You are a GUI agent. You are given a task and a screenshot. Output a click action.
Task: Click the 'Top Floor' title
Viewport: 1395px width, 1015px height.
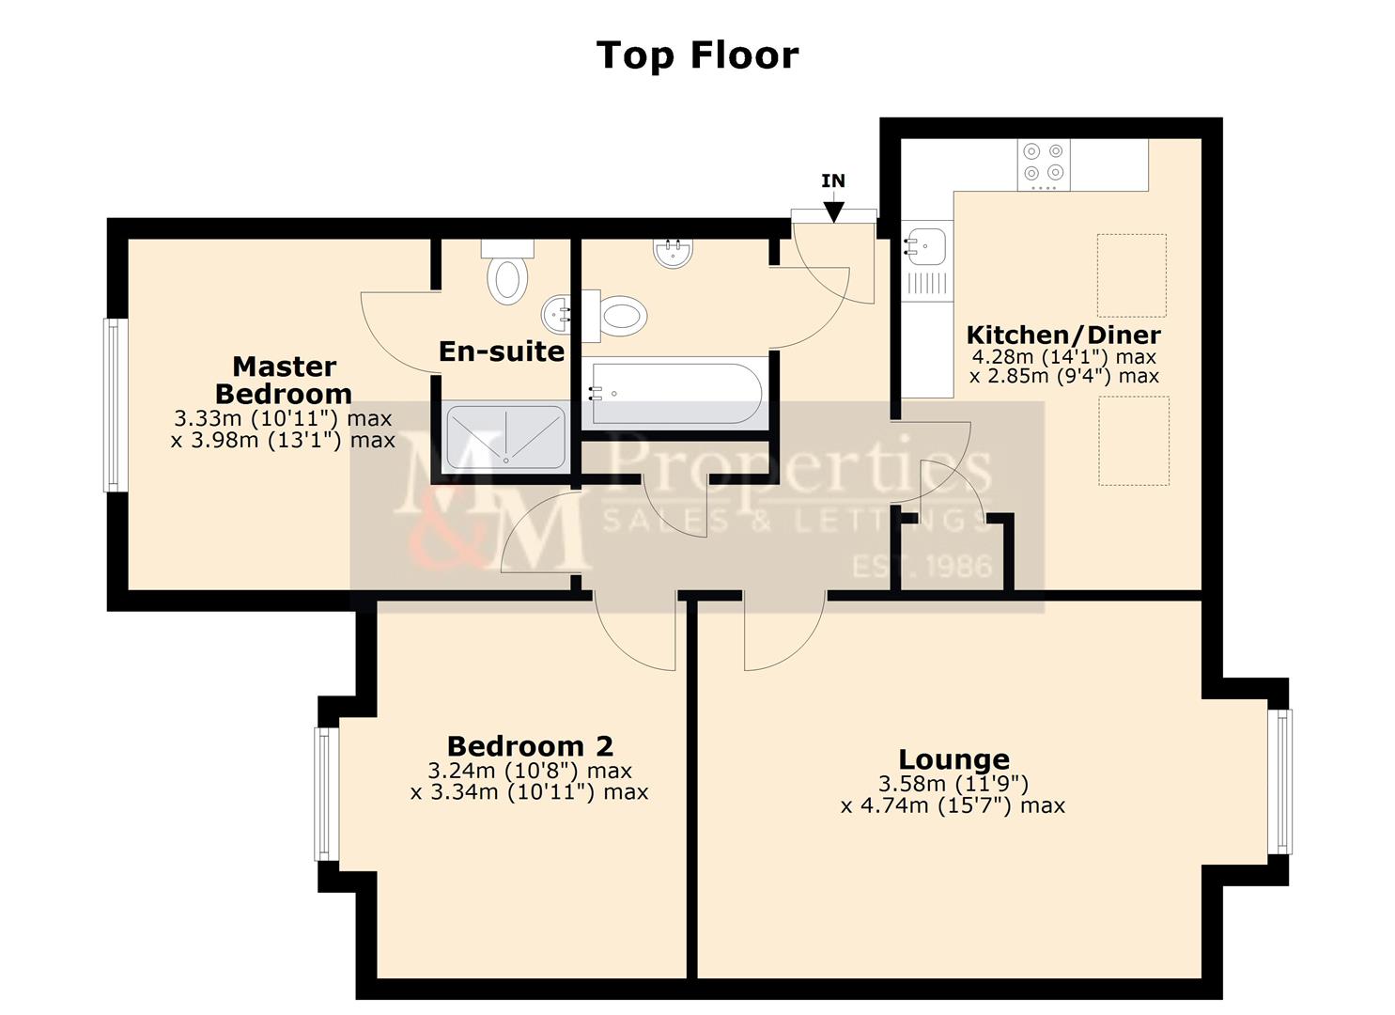tap(697, 55)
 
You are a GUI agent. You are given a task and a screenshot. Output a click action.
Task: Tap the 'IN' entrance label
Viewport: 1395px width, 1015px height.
tap(832, 180)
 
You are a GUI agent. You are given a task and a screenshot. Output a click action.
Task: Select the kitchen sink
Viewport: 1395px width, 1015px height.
tap(925, 247)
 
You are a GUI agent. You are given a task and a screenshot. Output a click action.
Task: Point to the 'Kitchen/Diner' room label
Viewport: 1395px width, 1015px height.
tap(1063, 335)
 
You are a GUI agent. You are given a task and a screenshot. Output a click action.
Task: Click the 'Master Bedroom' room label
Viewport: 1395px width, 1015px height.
tap(284, 380)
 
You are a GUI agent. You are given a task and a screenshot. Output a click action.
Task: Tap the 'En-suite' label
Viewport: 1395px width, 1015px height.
tap(502, 351)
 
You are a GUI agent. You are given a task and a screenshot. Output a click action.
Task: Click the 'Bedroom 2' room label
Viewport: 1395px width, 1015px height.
tap(530, 746)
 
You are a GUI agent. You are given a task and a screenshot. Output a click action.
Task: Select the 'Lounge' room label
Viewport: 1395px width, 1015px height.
tap(953, 759)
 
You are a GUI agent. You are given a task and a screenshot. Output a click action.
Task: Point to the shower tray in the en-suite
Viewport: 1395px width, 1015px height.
tap(505, 436)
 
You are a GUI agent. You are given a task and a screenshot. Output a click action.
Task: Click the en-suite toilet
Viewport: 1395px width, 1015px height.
tap(508, 278)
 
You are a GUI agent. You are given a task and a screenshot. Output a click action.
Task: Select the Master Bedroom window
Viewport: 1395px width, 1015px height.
tap(114, 405)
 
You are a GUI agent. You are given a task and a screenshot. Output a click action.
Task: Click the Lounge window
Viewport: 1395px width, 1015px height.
tap(1279, 781)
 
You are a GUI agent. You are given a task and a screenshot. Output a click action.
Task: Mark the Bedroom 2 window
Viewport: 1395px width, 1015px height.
tap(325, 794)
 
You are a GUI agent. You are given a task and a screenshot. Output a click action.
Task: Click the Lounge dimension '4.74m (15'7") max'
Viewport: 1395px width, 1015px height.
tap(953, 805)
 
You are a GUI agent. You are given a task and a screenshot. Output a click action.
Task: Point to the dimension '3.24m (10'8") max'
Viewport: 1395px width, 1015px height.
tap(530, 771)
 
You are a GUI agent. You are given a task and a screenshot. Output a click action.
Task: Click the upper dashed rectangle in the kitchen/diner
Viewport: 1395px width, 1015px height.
tap(1131, 275)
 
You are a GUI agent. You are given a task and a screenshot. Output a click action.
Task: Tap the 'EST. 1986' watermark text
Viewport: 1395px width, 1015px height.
tap(921, 566)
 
